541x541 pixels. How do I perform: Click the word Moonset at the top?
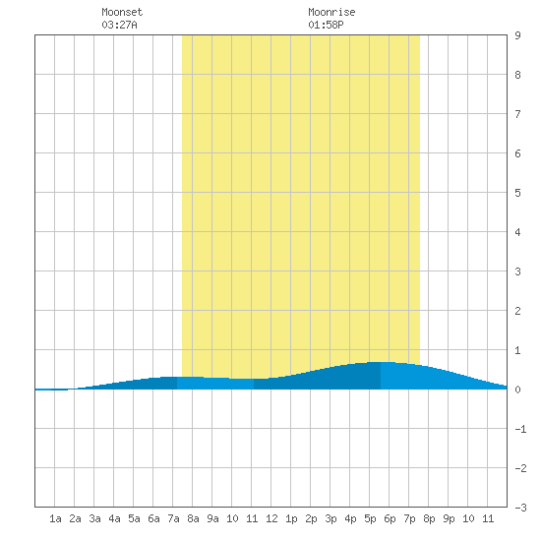click(122, 12)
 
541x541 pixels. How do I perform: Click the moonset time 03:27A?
click(119, 25)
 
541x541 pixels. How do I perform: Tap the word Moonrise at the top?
click(331, 12)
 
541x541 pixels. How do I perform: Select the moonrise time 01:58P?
click(326, 25)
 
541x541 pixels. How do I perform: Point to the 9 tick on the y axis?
click(517, 35)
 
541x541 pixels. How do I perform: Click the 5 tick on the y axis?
click(517, 193)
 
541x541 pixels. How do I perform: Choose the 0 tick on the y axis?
click(517, 390)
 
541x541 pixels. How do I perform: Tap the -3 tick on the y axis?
click(520, 508)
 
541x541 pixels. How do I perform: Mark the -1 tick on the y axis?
click(520, 429)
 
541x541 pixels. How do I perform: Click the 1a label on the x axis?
click(55, 518)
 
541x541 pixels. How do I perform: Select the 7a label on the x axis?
click(173, 518)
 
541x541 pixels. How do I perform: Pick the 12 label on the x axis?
click(271, 518)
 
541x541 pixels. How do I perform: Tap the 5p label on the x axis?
click(370, 518)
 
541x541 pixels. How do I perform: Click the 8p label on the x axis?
click(429, 518)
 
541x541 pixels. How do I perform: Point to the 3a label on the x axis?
click(94, 518)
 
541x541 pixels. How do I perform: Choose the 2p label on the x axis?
click(311, 518)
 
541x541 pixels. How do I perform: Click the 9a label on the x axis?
click(212, 518)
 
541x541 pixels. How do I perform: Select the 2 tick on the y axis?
click(517, 311)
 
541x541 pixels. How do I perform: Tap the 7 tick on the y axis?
click(517, 114)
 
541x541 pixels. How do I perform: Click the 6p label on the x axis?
click(390, 518)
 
